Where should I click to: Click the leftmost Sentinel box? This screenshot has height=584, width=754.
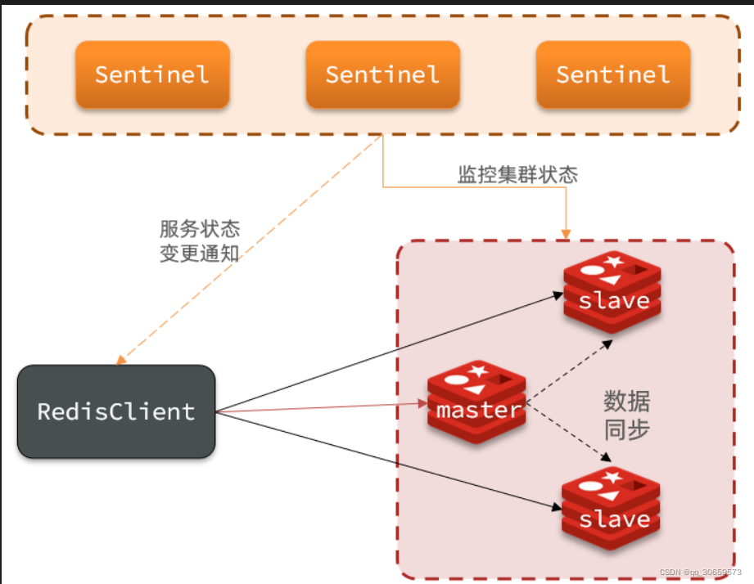pyautogui.click(x=152, y=74)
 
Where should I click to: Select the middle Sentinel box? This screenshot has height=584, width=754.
pyautogui.click(x=382, y=74)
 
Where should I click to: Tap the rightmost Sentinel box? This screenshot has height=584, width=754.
pyautogui.click(x=613, y=74)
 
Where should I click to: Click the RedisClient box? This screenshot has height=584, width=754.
pyautogui.click(x=116, y=411)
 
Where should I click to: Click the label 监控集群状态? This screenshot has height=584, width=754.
pyautogui.click(x=517, y=174)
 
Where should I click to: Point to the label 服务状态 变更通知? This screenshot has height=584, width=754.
pyautogui.click(x=200, y=240)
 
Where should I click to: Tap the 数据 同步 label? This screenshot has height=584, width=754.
pyautogui.click(x=627, y=416)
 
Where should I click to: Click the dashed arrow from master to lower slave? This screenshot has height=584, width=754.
pyautogui.click(x=568, y=431)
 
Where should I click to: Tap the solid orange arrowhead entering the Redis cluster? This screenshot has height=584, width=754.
pyautogui.click(x=565, y=234)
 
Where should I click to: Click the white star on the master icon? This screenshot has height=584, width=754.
pyautogui.click(x=480, y=371)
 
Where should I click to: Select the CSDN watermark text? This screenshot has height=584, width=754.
pyautogui.click(x=700, y=573)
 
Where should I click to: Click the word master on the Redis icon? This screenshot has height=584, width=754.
pyautogui.click(x=478, y=409)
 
